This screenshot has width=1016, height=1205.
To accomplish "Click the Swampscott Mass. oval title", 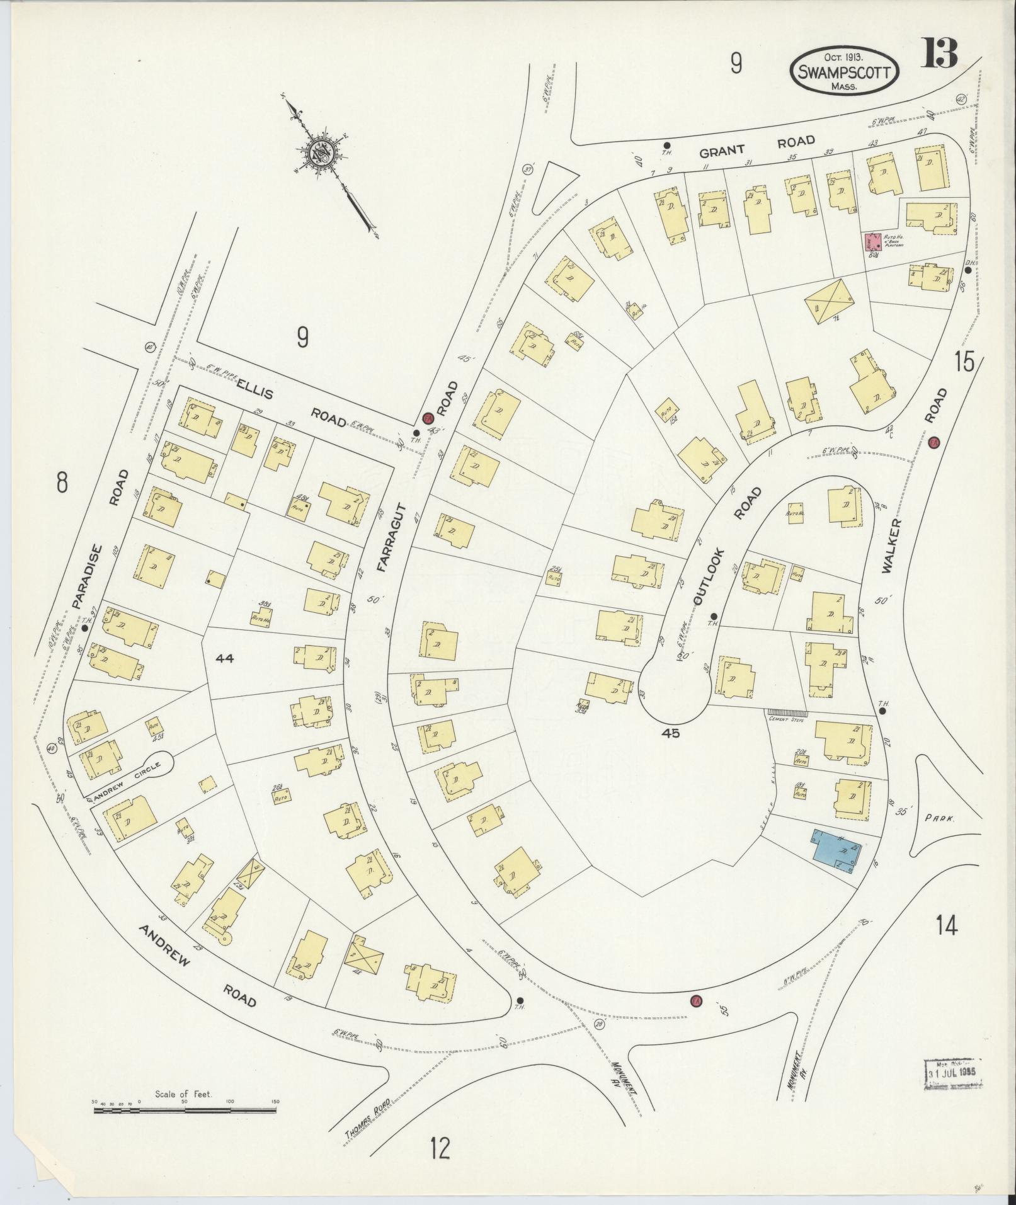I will click(843, 72).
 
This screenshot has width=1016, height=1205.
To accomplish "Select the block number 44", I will click(224, 658).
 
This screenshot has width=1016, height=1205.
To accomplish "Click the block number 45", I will click(671, 733).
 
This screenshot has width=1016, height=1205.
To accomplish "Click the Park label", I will click(940, 819).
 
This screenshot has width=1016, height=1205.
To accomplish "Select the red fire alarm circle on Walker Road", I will click(934, 442).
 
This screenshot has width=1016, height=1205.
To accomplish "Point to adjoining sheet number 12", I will click(440, 1148).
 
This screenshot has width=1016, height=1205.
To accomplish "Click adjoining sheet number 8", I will click(61, 483).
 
